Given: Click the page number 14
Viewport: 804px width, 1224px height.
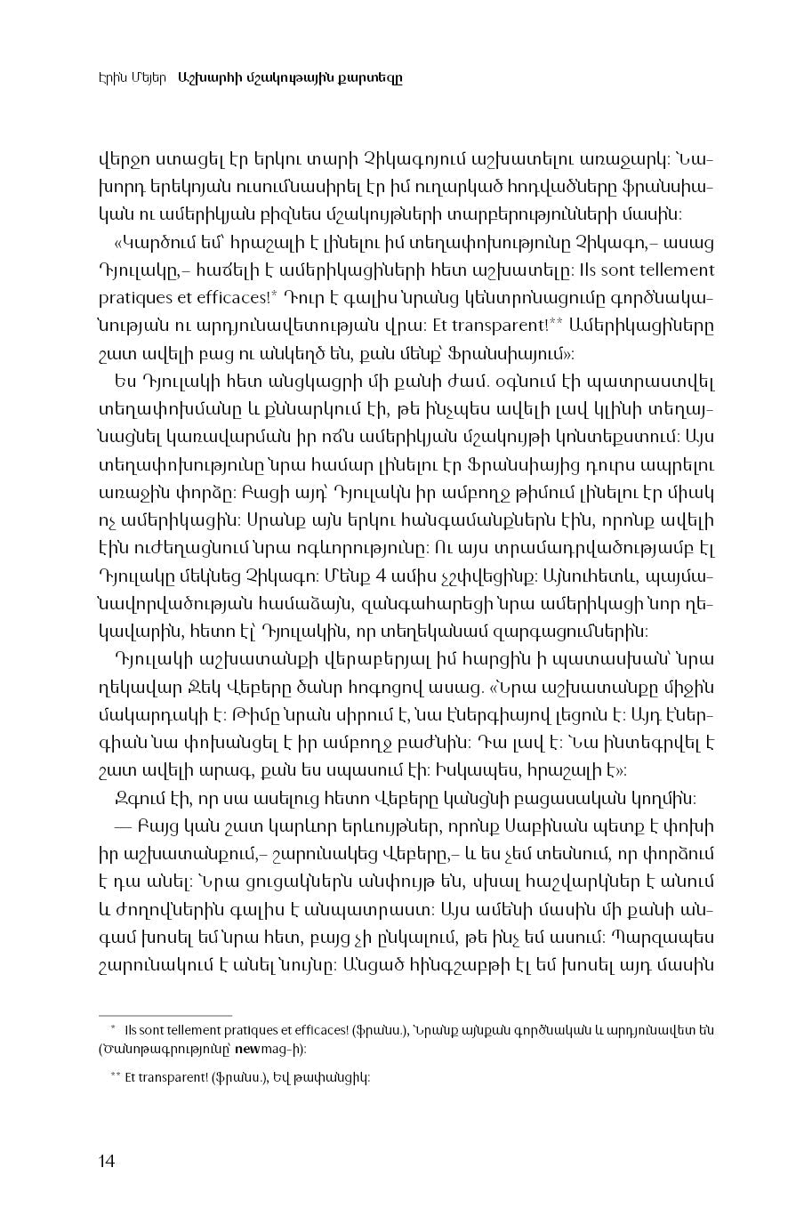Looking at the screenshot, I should coord(107,1160).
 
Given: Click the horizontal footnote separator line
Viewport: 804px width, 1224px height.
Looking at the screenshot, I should coord(165,1014).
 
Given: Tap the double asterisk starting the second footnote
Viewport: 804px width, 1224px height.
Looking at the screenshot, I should coord(116,1075).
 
